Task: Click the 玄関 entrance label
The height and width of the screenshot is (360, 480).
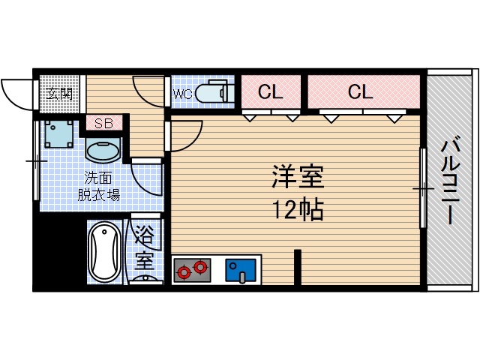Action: (x=59, y=94)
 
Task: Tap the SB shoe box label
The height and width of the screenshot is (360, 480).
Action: (x=103, y=123)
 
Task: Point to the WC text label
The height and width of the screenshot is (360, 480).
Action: (x=183, y=94)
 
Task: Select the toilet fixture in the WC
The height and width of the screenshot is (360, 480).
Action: (x=217, y=91)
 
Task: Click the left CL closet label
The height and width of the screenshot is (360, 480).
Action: (x=271, y=92)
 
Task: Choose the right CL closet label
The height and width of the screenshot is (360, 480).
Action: (x=360, y=92)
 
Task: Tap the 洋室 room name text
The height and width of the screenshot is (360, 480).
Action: (x=297, y=178)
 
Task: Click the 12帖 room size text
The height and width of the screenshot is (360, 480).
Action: (x=297, y=209)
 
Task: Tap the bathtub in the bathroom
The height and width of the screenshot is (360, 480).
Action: (x=103, y=253)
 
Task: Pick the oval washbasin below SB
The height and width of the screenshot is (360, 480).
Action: (x=103, y=150)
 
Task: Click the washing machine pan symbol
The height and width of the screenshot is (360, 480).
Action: (x=58, y=133)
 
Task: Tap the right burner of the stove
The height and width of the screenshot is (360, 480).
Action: (x=200, y=266)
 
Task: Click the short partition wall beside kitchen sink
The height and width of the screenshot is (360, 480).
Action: (x=297, y=267)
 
